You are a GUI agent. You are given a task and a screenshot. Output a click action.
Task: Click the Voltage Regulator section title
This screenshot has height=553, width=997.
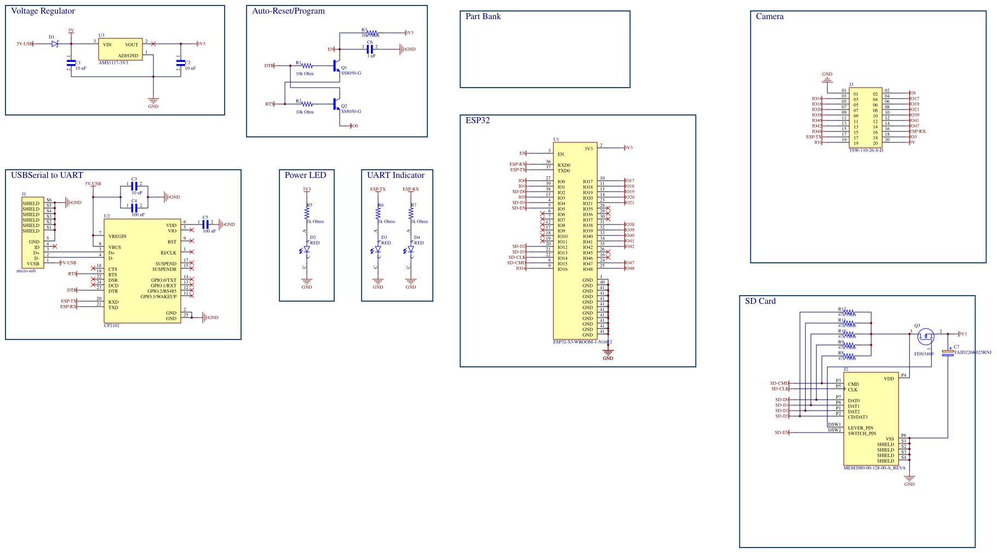pos(43,11)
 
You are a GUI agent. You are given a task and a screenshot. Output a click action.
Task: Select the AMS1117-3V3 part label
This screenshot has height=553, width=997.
pos(113,63)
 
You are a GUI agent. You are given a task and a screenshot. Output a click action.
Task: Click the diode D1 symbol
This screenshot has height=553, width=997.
pos(54,44)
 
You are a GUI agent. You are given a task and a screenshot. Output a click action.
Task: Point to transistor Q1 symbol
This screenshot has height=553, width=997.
pos(336,66)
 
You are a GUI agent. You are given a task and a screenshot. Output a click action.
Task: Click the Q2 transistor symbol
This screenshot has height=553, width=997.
pos(336,104)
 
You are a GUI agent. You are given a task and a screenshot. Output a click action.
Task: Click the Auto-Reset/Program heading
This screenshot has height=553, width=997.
pos(288,11)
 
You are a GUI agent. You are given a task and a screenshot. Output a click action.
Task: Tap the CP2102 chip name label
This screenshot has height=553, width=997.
pos(111,326)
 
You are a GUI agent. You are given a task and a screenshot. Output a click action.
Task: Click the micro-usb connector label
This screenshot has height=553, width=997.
pos(26,271)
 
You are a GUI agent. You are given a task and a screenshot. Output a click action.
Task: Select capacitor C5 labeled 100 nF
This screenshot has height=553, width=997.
pos(205,224)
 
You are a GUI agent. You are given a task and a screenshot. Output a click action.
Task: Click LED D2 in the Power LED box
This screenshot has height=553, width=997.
pos(307,249)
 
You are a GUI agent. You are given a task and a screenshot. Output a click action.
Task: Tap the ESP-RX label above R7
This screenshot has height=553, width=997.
pos(410,189)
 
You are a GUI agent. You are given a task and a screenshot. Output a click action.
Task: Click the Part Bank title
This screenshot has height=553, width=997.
pos(483,16)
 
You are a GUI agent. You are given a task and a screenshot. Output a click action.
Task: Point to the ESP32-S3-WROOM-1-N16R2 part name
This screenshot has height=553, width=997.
pos(582,342)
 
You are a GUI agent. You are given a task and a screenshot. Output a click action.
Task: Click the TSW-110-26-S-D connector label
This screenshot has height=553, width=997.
pos(866,151)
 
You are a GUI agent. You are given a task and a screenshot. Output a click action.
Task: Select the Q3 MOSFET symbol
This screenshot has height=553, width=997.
pos(926,337)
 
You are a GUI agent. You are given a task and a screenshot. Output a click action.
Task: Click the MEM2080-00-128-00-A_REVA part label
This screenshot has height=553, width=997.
pos(874,468)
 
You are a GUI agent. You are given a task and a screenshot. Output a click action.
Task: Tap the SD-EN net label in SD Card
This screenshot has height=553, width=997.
pos(781,433)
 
